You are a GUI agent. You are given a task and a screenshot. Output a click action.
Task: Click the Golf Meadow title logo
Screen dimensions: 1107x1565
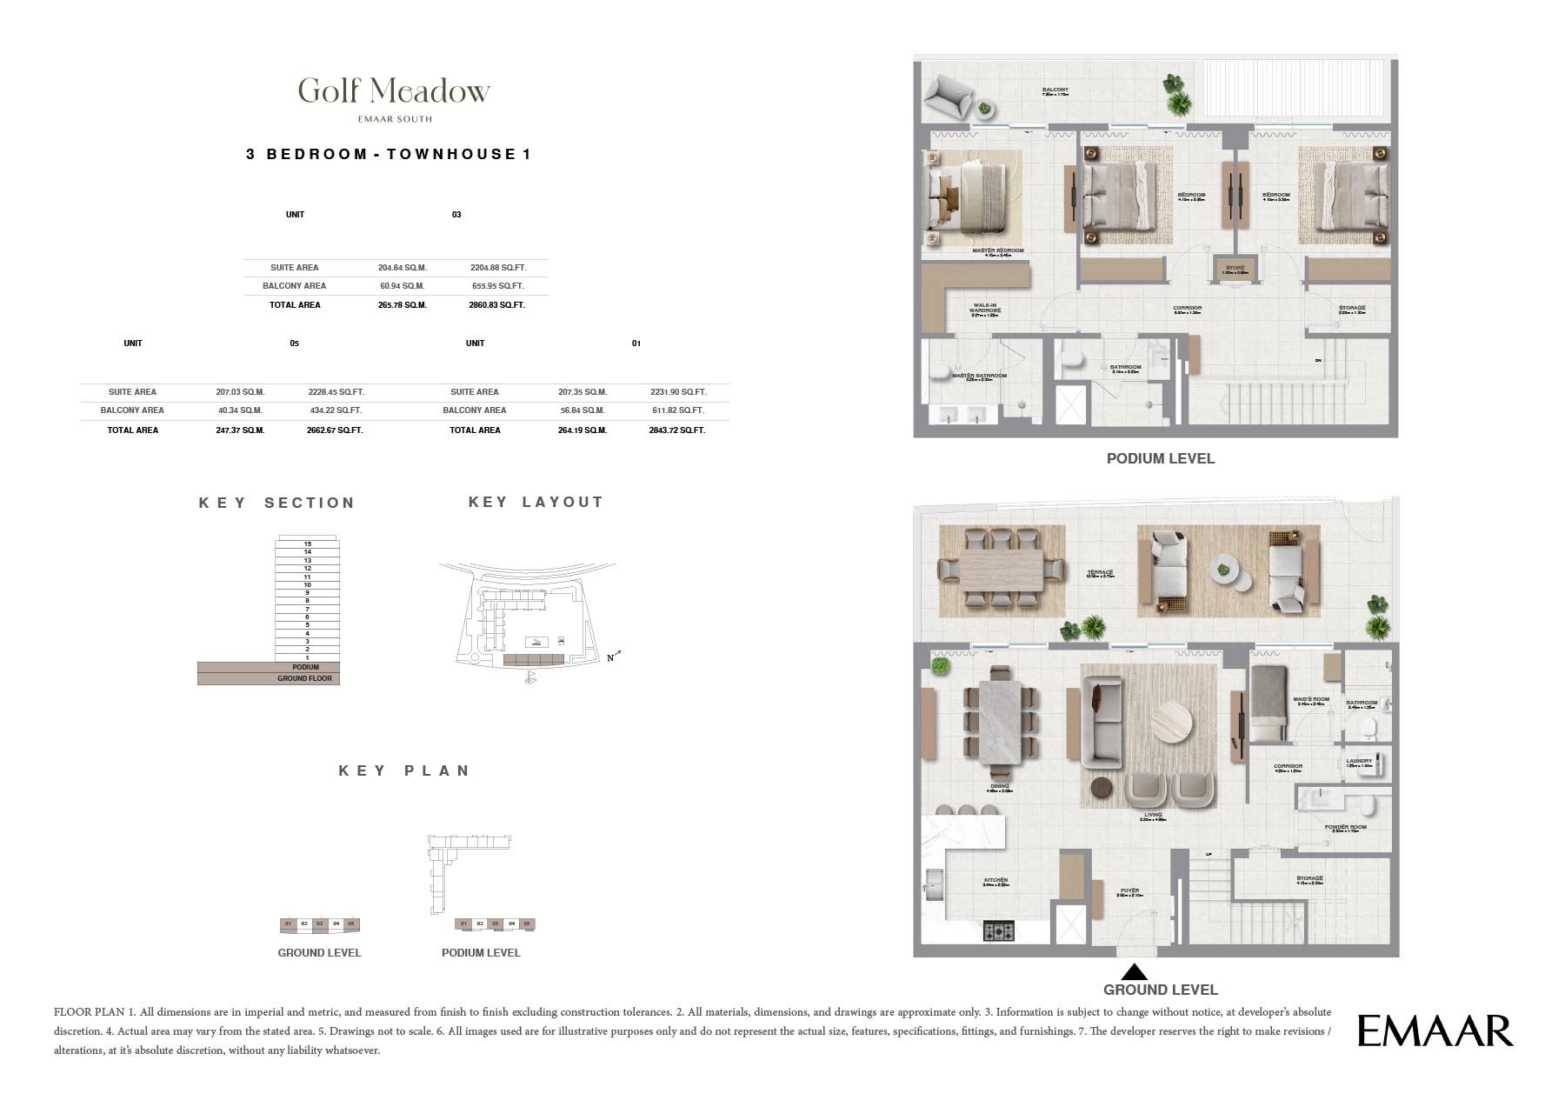click(394, 90)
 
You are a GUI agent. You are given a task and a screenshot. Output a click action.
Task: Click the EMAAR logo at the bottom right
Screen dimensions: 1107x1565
click(1435, 1031)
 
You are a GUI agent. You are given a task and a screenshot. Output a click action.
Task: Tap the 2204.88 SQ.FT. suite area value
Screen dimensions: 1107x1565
click(497, 268)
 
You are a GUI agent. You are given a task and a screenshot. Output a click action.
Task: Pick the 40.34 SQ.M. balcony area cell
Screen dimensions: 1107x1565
click(240, 410)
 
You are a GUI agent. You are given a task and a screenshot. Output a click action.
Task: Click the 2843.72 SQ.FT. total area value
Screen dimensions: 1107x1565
click(676, 430)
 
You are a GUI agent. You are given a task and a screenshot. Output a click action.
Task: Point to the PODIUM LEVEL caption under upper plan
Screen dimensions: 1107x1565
click(1160, 458)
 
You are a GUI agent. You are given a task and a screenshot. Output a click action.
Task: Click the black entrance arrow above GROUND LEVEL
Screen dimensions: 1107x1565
click(1134, 972)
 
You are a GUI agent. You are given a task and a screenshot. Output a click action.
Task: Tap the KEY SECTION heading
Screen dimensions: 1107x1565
click(276, 503)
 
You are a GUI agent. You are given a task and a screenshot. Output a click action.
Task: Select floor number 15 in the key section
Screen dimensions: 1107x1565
click(308, 543)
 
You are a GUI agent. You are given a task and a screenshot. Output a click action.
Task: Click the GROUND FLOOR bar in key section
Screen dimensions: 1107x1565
click(304, 678)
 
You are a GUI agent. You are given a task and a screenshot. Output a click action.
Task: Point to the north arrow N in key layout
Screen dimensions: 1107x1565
click(612, 657)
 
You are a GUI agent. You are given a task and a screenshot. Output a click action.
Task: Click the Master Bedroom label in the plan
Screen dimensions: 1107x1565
click(997, 250)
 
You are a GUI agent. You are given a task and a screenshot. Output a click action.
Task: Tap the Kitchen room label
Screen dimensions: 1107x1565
click(996, 880)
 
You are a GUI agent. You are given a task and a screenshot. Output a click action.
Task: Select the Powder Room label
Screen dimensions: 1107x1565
click(1345, 827)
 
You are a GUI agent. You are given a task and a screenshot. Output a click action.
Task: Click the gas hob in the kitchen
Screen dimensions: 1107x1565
click(998, 931)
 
